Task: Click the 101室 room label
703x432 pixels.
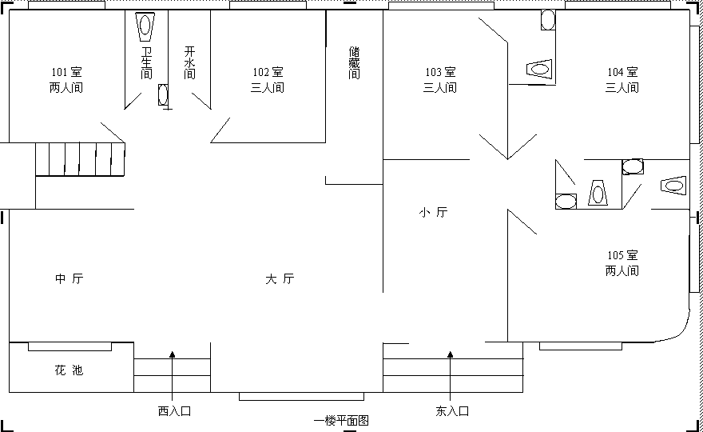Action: [66, 72]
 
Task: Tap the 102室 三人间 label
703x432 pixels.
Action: [268, 79]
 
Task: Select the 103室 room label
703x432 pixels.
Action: [440, 72]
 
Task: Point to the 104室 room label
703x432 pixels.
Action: [622, 72]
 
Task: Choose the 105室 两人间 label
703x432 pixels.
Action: [622, 262]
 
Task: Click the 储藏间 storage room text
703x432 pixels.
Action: [354, 62]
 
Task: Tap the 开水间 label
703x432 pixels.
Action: [189, 62]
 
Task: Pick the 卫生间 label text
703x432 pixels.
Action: [147, 62]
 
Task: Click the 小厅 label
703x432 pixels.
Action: [434, 212]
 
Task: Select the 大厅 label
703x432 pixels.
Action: [280, 278]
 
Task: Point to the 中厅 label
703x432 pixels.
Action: [69, 278]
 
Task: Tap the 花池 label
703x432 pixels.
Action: [69, 370]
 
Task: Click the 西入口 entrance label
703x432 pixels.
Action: [174, 411]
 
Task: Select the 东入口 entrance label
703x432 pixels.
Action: [452, 411]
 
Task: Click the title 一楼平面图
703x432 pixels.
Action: [341, 421]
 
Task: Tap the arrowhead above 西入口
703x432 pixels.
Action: [173, 354]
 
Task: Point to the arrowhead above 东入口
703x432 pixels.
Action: [450, 354]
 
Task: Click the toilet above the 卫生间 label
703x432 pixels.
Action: [145, 26]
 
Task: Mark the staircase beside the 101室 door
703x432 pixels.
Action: [80, 159]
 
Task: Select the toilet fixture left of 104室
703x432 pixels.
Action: [539, 69]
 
